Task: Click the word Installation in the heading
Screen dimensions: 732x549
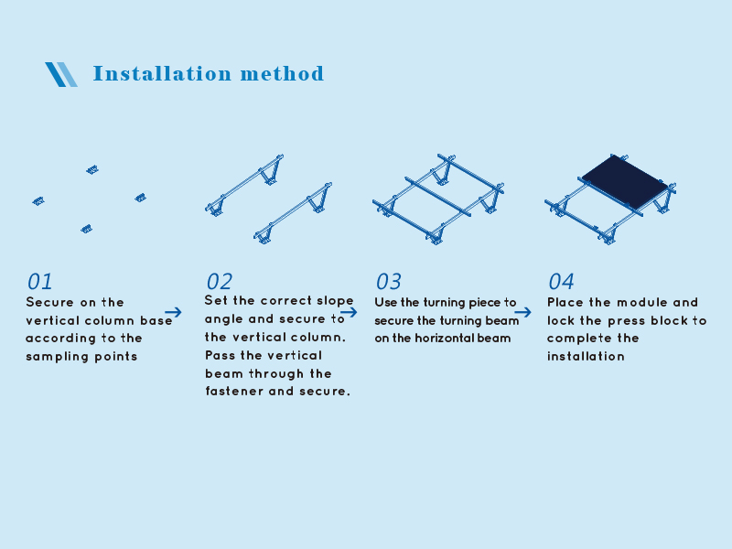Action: pyautogui.click(x=162, y=74)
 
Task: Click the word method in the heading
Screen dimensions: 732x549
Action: pyautogui.click(x=282, y=74)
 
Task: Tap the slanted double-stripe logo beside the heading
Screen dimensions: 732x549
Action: pyautogui.click(x=61, y=74)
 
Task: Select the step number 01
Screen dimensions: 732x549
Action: pyautogui.click(x=39, y=282)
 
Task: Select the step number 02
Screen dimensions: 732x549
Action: pyautogui.click(x=219, y=282)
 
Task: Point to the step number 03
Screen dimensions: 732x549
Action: pyautogui.click(x=388, y=282)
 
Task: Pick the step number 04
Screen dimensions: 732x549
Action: pyautogui.click(x=561, y=282)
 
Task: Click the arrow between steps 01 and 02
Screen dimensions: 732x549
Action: pyautogui.click(x=173, y=312)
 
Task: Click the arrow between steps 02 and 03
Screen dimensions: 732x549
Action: pyautogui.click(x=349, y=312)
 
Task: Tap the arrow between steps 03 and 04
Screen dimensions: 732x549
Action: pyautogui.click(x=522, y=312)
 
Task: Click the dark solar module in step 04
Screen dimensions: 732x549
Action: pyautogui.click(x=625, y=181)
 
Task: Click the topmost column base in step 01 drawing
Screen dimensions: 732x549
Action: pyautogui.click(x=92, y=169)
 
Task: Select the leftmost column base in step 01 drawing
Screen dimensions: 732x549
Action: pyautogui.click(x=38, y=200)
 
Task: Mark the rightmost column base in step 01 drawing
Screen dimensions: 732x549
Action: pyautogui.click(x=141, y=198)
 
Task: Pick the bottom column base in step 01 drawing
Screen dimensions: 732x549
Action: pyautogui.click(x=86, y=229)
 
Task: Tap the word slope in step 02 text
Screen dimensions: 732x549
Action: pyautogui.click(x=335, y=301)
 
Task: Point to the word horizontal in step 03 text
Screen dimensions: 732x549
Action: pyautogui.click(x=444, y=338)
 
